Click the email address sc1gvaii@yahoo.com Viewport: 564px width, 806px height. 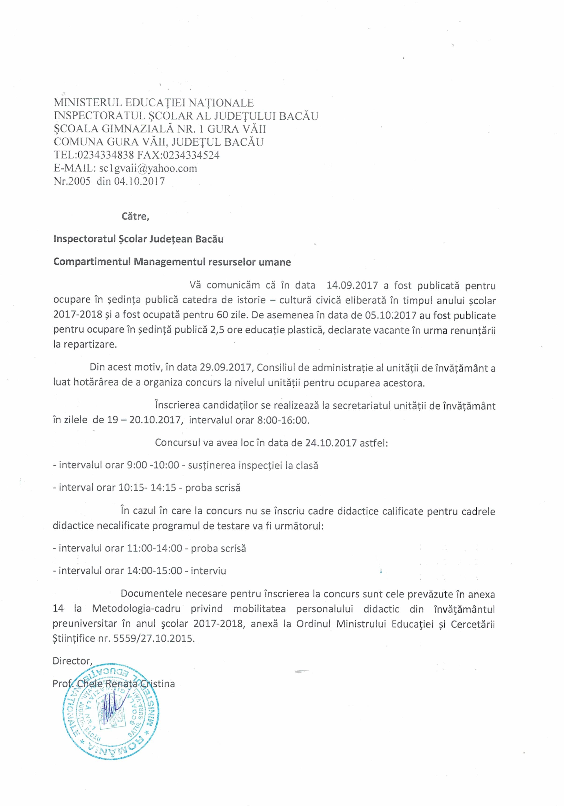tap(148, 169)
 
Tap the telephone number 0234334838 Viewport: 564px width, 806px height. tap(106, 155)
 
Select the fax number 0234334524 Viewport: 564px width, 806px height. tap(191, 155)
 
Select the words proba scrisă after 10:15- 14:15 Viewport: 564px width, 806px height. tap(213, 488)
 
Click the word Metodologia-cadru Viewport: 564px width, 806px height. tap(136, 608)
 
